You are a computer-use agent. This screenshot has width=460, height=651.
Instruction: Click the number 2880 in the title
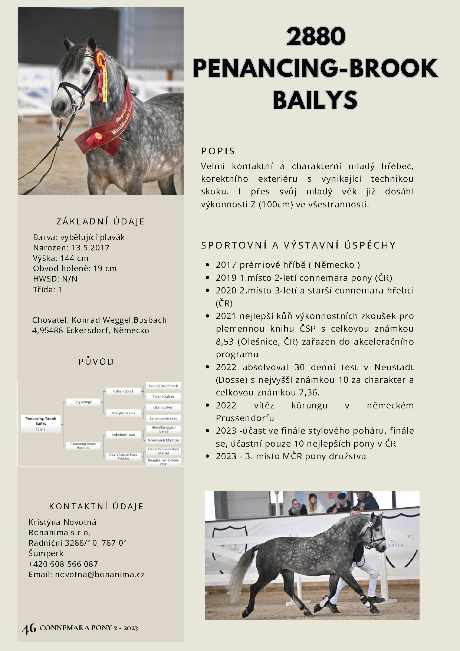click(316, 36)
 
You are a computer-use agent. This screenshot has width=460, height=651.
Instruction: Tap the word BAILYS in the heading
click(315, 100)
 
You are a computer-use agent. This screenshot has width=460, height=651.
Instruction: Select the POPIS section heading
click(218, 151)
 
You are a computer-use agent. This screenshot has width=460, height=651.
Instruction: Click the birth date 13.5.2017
click(91, 248)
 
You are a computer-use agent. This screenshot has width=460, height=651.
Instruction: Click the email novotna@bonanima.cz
click(100, 575)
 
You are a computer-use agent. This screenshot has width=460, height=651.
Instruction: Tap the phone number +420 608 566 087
click(63, 564)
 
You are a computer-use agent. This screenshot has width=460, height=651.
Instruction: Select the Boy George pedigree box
click(83, 402)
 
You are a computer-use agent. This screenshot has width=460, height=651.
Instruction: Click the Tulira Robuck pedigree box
click(123, 391)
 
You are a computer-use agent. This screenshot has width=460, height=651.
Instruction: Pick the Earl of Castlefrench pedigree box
click(163, 386)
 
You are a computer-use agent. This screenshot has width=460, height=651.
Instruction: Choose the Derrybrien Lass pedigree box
click(123, 413)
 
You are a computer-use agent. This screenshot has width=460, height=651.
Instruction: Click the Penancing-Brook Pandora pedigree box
click(83, 445)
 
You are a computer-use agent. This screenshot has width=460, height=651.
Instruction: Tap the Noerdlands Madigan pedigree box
click(163, 440)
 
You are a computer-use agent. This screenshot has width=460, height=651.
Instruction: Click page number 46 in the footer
click(29, 628)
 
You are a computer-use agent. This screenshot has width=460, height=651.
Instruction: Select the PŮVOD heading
click(96, 362)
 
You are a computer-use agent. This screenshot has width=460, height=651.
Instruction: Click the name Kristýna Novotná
click(63, 522)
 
